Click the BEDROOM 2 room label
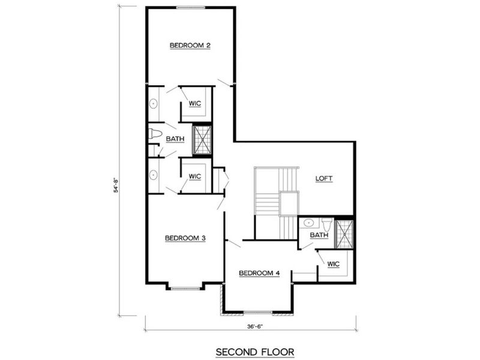[x=190, y=45]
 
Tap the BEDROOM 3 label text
[x=185, y=238]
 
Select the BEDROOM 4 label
[x=259, y=273]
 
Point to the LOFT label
[x=324, y=179]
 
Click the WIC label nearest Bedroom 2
[x=194, y=103]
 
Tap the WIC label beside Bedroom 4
[x=334, y=264]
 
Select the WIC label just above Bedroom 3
[x=194, y=176]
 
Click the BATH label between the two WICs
[x=175, y=139]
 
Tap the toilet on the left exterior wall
[x=155, y=134]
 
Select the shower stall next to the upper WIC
[x=201, y=139]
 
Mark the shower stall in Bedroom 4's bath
[x=345, y=234]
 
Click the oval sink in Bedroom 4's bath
[x=308, y=223]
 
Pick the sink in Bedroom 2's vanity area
[x=154, y=104]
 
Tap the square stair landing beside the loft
[x=289, y=204]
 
